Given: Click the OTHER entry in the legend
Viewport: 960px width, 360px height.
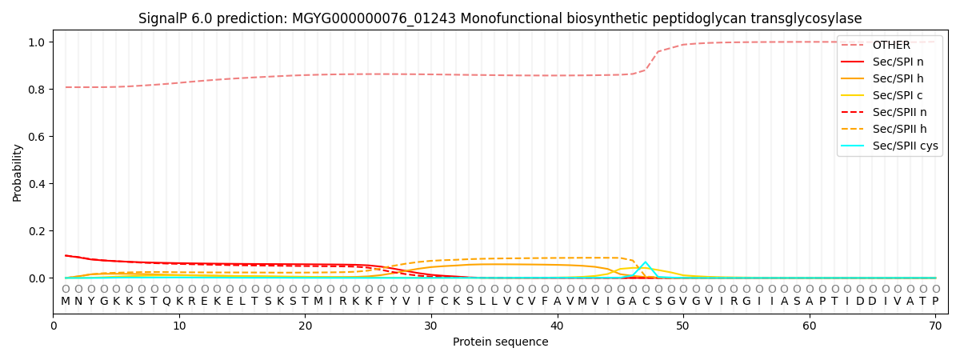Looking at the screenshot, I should pyautogui.click(x=890, y=46).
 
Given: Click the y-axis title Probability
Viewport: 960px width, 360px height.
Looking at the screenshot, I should pyautogui.click(x=18, y=173).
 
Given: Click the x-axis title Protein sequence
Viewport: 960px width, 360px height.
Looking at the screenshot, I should pyautogui.click(x=500, y=342).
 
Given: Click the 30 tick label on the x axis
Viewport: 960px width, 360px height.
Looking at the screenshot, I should pyautogui.click(x=430, y=326).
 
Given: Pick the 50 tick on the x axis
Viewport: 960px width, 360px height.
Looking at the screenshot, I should pyautogui.click(x=682, y=326).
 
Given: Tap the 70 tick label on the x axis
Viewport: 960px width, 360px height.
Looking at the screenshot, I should pyautogui.click(x=934, y=326).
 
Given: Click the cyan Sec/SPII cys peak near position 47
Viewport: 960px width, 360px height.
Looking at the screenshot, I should pyautogui.click(x=646, y=262).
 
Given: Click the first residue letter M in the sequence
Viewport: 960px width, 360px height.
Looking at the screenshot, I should pyautogui.click(x=66, y=302).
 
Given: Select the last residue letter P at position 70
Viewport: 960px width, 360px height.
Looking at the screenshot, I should pyautogui.click(x=935, y=302).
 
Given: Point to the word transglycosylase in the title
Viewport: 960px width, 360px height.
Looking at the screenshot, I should pyautogui.click(x=809, y=18).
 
